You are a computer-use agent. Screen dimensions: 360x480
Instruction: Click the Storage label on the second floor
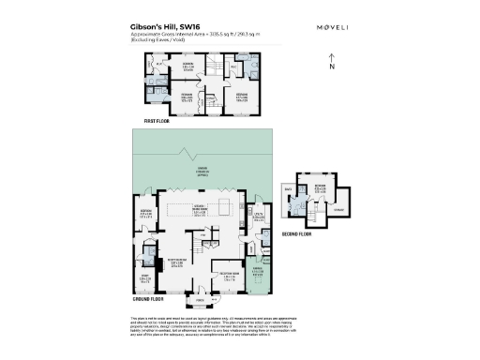[x=338, y=210]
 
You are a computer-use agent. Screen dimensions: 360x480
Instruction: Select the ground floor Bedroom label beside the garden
[x=145, y=214]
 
